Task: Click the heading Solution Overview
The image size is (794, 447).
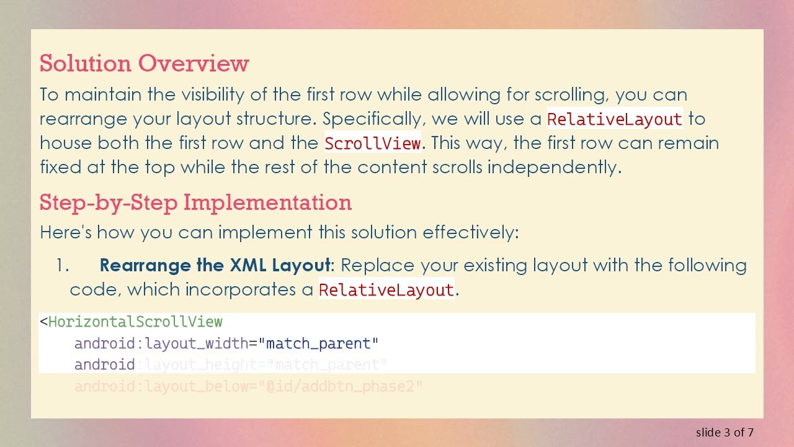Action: point(144,63)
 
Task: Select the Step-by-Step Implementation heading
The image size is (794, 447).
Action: point(195,202)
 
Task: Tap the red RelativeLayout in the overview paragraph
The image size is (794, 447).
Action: point(614,119)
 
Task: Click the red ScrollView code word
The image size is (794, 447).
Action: point(372,143)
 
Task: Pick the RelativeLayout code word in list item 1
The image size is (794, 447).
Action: point(386,290)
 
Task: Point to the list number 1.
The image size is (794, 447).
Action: point(62,266)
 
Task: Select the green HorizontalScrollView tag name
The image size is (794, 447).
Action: point(135,322)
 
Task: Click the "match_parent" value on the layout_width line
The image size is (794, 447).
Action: point(318,343)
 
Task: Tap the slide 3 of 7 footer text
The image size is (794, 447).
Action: point(725,432)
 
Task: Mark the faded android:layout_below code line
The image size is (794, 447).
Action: point(248,387)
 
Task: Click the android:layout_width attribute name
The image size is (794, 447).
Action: point(161,343)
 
